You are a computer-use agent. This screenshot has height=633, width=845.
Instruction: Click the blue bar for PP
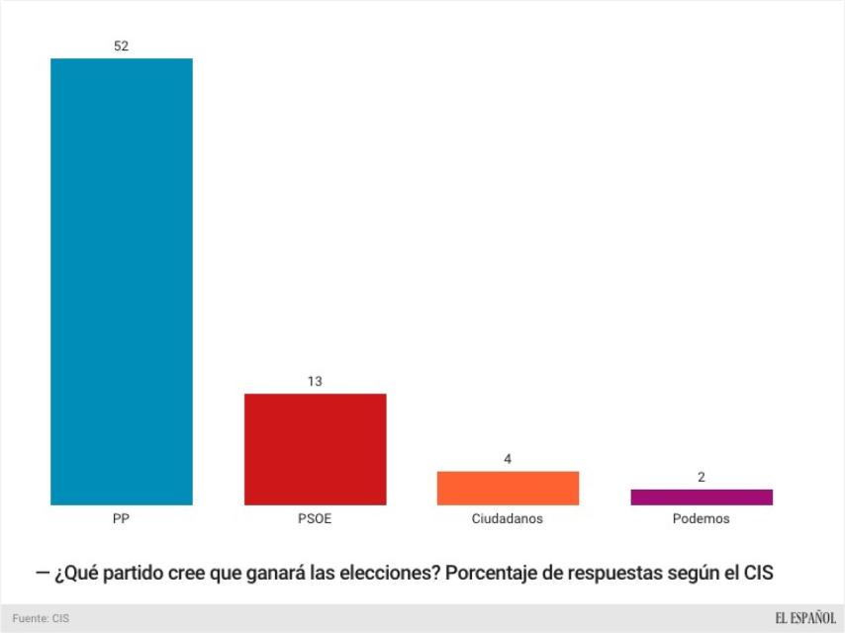122,282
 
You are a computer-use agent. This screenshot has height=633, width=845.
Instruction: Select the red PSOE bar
315,449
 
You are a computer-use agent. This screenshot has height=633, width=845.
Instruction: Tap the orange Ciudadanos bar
508,488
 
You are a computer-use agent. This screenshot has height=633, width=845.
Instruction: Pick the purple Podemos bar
701,497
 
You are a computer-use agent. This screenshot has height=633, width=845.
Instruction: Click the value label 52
122,45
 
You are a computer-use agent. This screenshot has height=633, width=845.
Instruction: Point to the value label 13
315,381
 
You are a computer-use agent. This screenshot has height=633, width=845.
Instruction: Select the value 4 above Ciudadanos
508,459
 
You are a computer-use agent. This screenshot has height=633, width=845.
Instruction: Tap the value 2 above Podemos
701,477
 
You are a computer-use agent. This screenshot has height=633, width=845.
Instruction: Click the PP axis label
122,518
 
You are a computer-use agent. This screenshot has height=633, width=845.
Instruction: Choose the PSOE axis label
315,518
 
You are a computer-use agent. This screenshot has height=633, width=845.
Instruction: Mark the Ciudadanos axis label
508,518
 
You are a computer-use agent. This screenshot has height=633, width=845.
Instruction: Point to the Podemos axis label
701,518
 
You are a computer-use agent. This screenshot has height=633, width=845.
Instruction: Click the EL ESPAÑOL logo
805,618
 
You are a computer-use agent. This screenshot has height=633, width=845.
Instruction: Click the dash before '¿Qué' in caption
43,574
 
